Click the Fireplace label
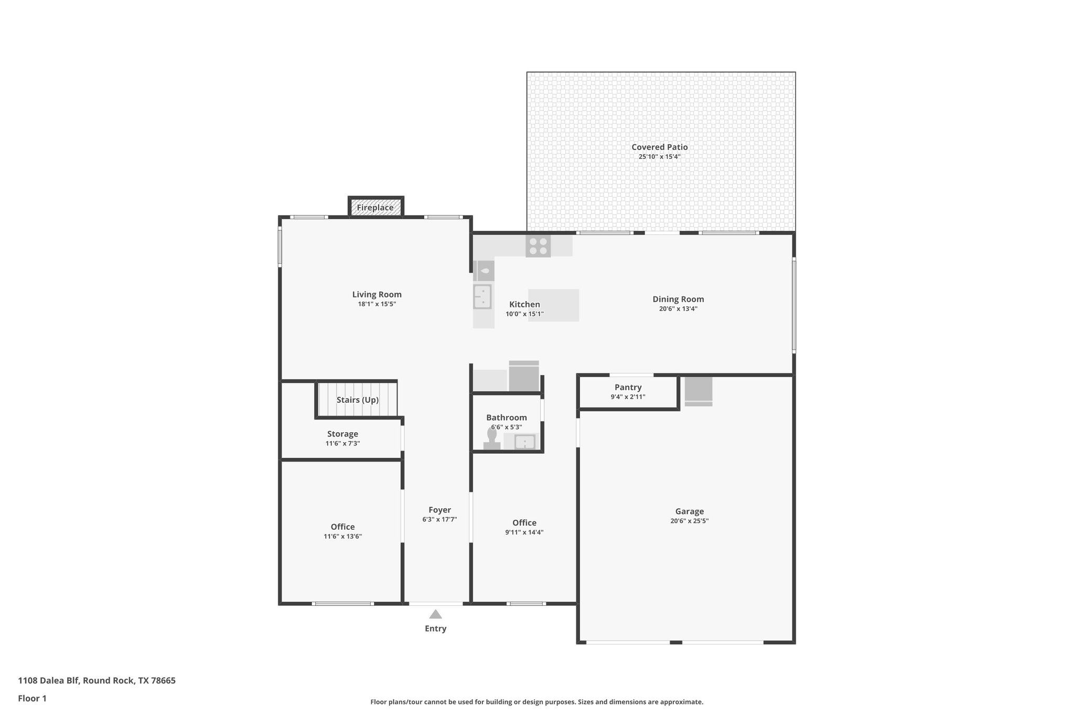(375, 208)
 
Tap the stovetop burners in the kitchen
(538, 247)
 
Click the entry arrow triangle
(435, 614)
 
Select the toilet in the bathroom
(492, 439)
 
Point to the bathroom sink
(524, 442)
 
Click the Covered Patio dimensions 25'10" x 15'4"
(659, 157)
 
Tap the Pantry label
(628, 387)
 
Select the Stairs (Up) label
(357, 400)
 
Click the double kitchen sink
(482, 296)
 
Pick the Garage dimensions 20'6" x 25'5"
(689, 521)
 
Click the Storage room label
(342, 434)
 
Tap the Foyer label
(439, 510)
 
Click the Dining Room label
(678, 299)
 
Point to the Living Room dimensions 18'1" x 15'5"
(377, 304)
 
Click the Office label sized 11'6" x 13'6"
(342, 527)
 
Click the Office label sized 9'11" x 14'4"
(524, 522)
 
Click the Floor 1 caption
(32, 698)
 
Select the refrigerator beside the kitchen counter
(524, 377)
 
